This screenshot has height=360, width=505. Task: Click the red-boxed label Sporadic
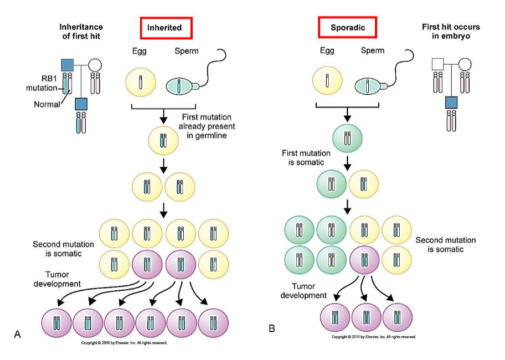347,27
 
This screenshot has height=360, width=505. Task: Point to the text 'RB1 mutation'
41,84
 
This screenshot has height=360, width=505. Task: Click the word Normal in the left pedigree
45,104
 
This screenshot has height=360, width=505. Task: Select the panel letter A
17,333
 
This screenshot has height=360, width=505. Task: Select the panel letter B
271,328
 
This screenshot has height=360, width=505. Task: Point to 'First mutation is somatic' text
306,158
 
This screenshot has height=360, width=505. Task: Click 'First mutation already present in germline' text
207,125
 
